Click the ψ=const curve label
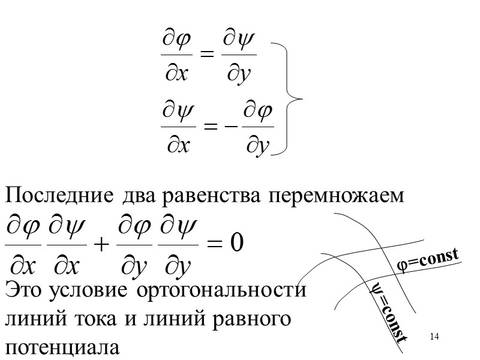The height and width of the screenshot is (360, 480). pos(387,312)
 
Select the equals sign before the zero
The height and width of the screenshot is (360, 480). pos(214,245)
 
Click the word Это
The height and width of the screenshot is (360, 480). pos(23,292)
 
